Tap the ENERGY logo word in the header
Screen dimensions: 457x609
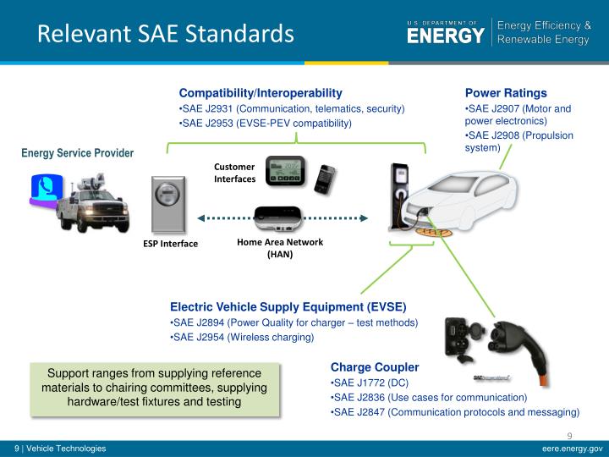[446, 36]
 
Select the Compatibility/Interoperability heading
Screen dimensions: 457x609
[260, 92]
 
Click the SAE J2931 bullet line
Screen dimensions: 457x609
[292, 108]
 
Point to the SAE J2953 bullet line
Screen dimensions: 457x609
[265, 124]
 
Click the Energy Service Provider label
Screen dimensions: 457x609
[78, 153]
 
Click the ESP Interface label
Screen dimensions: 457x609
[169, 244]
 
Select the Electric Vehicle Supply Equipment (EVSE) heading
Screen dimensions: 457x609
[288, 306]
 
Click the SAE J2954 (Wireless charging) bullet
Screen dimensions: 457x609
[242, 337]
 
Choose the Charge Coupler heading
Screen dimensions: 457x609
[374, 368]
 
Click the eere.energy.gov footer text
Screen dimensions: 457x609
[572, 449]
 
